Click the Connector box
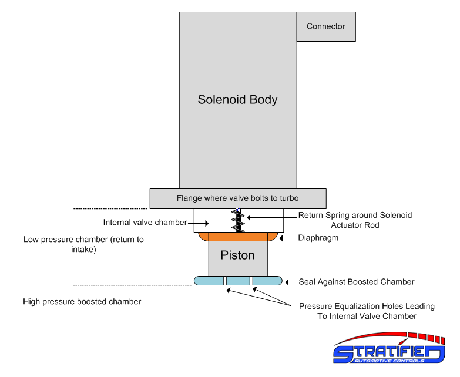pyautogui.click(x=325, y=26)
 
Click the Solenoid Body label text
pyautogui.click(x=237, y=99)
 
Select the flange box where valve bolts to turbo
pyautogui.click(x=237, y=198)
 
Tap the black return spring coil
pyautogui.click(x=239, y=222)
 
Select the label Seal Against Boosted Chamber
pyautogui.click(x=357, y=282)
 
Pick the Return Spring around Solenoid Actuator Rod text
pyautogui.click(x=355, y=220)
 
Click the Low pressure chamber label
pyautogui.click(x=83, y=244)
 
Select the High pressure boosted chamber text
pyautogui.click(x=82, y=302)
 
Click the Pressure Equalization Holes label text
pyautogui.click(x=366, y=311)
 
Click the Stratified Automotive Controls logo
pyautogui.click(x=388, y=352)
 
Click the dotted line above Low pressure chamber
pyautogui.click(x=110, y=208)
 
